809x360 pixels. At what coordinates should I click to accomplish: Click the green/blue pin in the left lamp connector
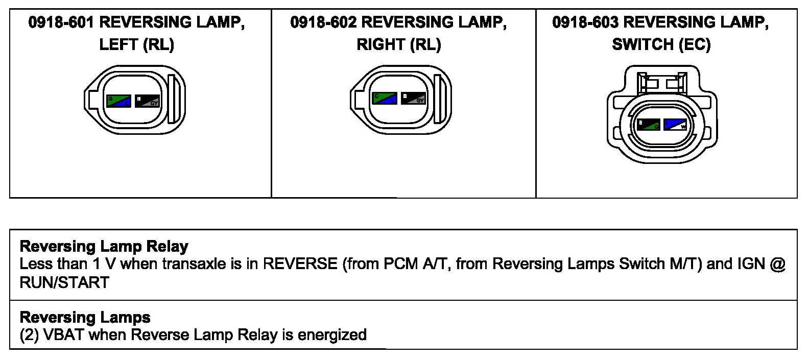pyautogui.click(x=118, y=101)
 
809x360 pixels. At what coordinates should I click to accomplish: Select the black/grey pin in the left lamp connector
pyautogui.click(x=147, y=101)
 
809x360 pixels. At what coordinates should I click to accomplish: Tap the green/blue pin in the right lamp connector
pyautogui.click(x=384, y=98)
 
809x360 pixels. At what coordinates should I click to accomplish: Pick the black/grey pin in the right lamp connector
pyautogui.click(x=413, y=98)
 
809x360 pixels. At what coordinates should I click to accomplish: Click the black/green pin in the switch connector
pyautogui.click(x=649, y=124)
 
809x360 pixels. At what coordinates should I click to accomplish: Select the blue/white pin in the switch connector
pyautogui.click(x=675, y=124)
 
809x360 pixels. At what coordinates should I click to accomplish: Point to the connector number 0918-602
pyautogui.click(x=323, y=22)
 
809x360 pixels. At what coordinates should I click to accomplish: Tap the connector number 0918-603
pyautogui.click(x=585, y=22)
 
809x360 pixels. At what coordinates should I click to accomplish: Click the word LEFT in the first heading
pyautogui.click(x=118, y=45)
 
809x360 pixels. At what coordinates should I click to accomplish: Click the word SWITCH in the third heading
pyautogui.click(x=642, y=45)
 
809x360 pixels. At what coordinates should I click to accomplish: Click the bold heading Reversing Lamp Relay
pyautogui.click(x=104, y=247)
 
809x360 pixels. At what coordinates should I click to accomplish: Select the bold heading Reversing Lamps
pyautogui.click(x=85, y=318)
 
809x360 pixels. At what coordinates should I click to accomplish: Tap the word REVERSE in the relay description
pyautogui.click(x=300, y=264)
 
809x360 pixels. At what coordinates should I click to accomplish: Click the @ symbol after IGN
pyautogui.click(x=777, y=264)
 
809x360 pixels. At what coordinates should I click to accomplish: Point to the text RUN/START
pyautogui.click(x=64, y=282)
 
